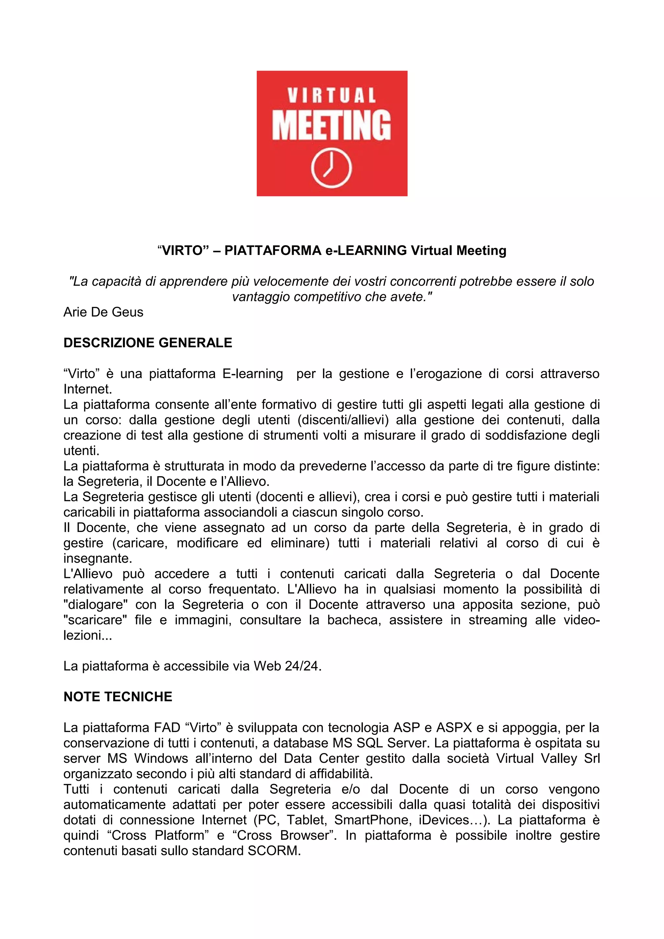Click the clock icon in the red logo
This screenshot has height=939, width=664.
point(331,169)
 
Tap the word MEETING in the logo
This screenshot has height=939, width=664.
point(331,125)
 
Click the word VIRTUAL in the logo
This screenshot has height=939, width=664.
point(331,96)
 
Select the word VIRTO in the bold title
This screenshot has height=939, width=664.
point(183,250)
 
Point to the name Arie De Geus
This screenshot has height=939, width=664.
point(103,312)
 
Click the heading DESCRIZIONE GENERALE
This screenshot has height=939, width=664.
point(148,343)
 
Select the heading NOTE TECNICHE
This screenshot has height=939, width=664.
point(118,697)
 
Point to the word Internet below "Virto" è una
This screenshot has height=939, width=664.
point(87,389)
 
